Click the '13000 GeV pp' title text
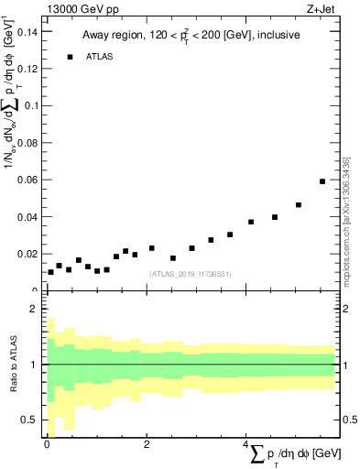(x=82, y=10)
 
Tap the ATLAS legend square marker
(x=70, y=57)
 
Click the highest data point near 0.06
(x=322, y=181)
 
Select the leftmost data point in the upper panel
(x=50, y=272)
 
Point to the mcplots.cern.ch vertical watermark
(x=345, y=220)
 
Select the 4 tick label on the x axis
(x=245, y=444)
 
